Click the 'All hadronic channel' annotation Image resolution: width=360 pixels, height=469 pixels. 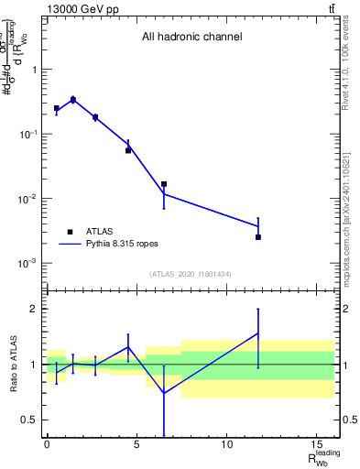point(191,38)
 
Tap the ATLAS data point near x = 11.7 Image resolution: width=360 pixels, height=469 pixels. point(258,237)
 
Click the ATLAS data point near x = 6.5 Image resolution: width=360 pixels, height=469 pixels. point(164,184)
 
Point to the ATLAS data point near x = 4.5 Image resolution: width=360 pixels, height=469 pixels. point(128,150)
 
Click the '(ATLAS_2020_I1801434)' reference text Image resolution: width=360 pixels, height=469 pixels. point(191,275)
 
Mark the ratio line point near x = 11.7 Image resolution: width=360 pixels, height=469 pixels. point(258,333)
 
